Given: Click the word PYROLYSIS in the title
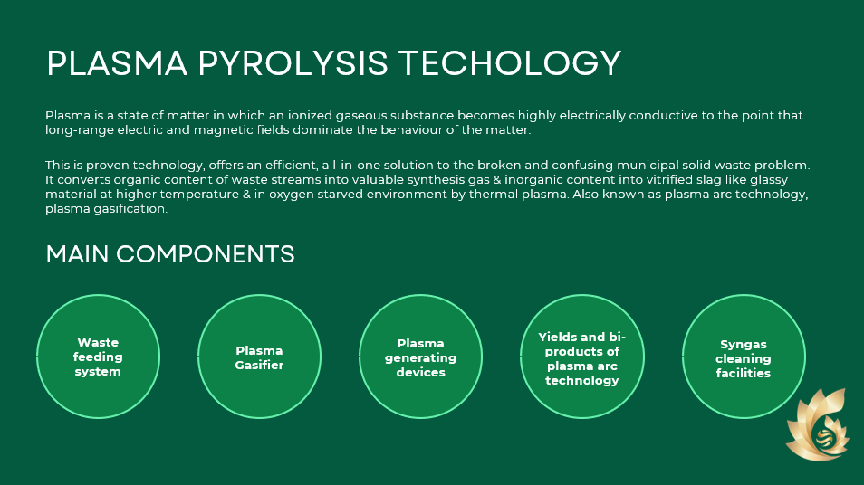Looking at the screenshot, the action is click(293, 63).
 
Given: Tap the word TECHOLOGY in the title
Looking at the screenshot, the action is click(510, 63).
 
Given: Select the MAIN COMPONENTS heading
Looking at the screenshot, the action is click(170, 254).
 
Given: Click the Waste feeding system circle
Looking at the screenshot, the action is click(98, 357).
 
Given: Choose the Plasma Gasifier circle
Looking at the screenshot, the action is click(260, 357).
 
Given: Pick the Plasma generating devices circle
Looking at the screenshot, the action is click(420, 357).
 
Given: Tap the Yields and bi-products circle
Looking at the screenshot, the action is click(581, 357).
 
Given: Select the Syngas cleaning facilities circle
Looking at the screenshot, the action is click(744, 357).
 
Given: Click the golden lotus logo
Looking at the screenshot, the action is click(819, 424).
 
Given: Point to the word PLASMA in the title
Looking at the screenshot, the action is click(118, 63).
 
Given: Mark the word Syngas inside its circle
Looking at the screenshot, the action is click(744, 344).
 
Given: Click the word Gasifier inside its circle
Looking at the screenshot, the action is click(259, 365).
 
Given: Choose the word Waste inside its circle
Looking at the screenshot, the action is click(98, 342).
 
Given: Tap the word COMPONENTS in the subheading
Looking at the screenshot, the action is click(206, 254).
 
